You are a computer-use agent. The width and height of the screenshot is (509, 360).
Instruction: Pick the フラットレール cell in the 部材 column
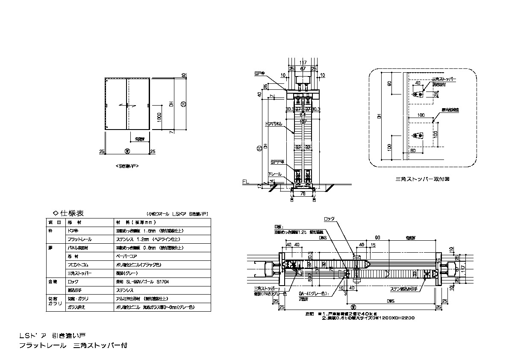click(x=80, y=239)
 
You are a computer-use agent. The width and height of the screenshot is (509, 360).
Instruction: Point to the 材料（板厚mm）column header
click(x=136, y=222)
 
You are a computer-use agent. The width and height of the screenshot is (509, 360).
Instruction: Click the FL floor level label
click(x=245, y=182)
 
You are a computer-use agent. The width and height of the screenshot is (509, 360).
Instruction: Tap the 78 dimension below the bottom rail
click(x=303, y=194)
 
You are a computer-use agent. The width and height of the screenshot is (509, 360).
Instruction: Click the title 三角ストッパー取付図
click(x=422, y=180)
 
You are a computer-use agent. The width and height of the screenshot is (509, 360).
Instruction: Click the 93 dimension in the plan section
click(x=377, y=236)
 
